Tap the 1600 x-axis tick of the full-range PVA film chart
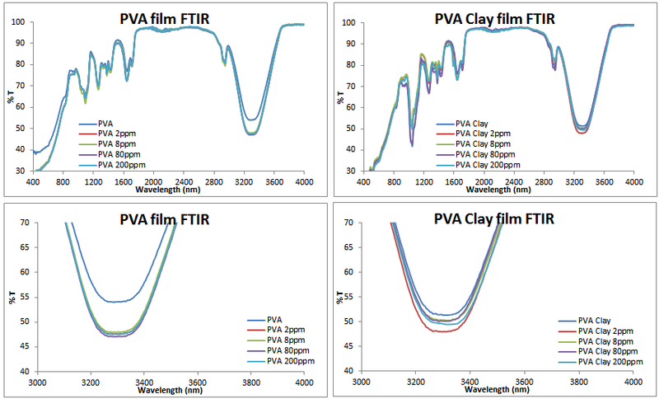point(123,180)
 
